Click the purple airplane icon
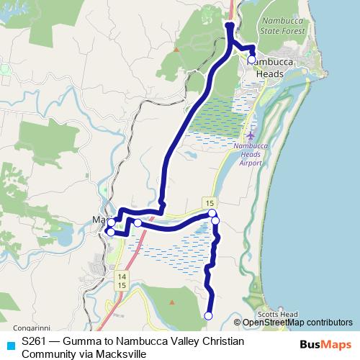[x=250, y=135]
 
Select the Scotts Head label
[x=277, y=315]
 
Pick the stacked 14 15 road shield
[x=121, y=282]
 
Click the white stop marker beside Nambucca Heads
[x=251, y=61]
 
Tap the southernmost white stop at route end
[x=209, y=315]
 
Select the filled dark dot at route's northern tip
[x=230, y=26]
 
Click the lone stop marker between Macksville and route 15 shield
[x=138, y=222]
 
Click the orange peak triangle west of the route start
[x=176, y=50]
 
